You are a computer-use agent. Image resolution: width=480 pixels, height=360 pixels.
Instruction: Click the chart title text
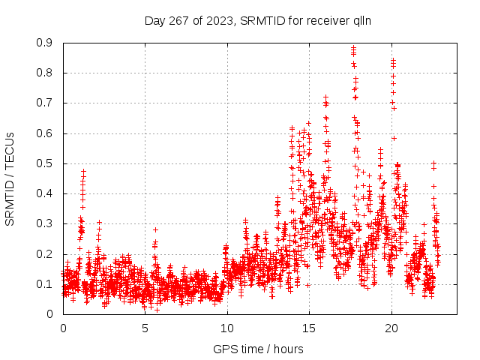[x=258, y=20]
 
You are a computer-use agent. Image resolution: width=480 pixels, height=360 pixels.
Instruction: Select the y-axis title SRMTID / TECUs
[x=10, y=178]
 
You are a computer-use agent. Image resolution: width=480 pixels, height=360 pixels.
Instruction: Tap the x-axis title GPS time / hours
[x=258, y=349]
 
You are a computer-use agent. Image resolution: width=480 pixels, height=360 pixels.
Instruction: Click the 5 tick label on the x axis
[x=145, y=328]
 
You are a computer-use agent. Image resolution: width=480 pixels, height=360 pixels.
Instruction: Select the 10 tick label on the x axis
[x=227, y=328]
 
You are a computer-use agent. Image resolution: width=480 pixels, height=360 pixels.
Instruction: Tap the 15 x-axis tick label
[x=309, y=328]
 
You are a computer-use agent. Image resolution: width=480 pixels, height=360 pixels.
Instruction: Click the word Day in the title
[x=154, y=20]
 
